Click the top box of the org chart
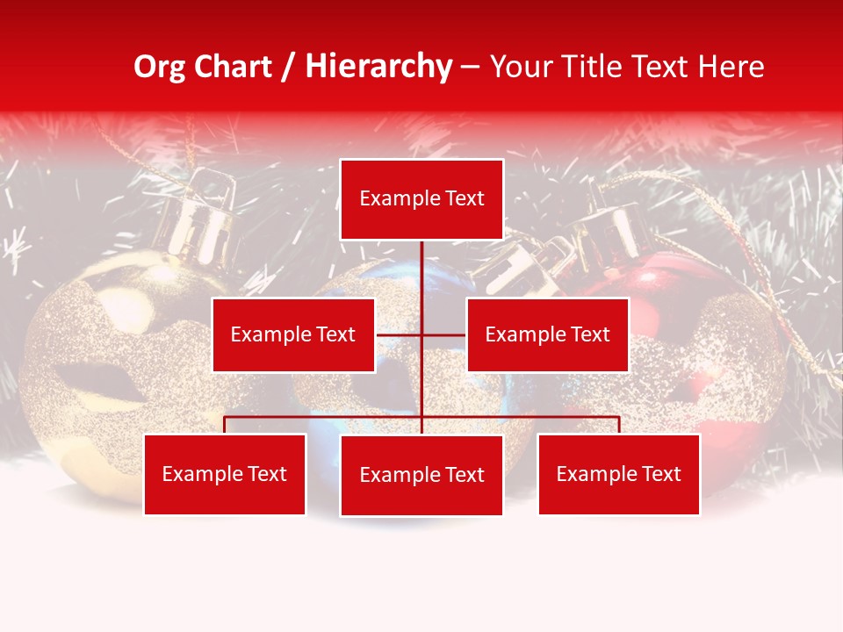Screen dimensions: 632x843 421,199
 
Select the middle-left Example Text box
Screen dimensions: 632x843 293,334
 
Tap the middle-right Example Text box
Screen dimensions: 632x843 547,334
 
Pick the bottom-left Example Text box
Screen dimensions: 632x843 225,474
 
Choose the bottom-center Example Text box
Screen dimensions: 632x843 421,475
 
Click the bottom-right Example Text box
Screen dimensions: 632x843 618,474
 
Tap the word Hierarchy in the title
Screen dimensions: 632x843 378,67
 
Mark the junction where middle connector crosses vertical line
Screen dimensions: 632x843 421,334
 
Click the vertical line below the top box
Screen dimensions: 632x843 421,272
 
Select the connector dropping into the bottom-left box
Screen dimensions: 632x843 225,425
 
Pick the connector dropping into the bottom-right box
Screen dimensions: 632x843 618,425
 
